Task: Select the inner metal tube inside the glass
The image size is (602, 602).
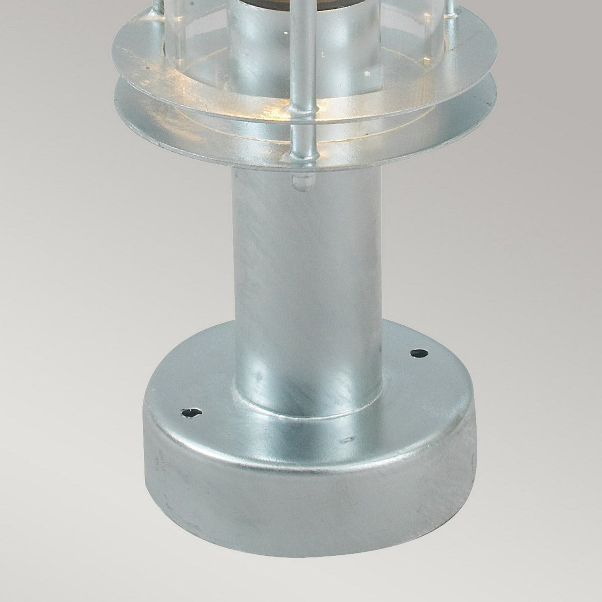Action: tap(253, 50)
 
